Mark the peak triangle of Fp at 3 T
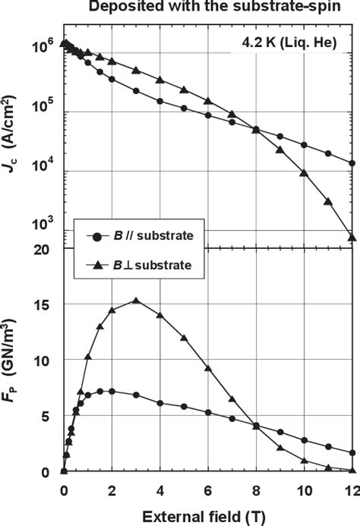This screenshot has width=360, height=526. (x=136, y=301)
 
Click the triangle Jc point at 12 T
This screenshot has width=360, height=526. (x=352, y=237)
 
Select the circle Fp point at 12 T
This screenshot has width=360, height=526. (x=352, y=453)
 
